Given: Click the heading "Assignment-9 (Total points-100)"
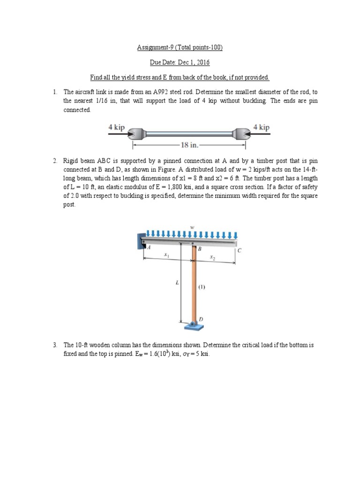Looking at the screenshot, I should coord(180,47).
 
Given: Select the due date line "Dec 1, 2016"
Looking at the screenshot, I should coord(180,62).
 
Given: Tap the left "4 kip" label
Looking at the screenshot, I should coord(116,127).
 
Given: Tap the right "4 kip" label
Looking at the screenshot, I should coord(261,127).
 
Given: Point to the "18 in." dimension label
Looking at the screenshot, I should coord(189,144).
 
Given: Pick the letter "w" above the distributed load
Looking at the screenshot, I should coord(192,227).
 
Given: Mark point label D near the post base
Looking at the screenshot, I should coord(201,319).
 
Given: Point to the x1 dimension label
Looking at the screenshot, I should coord(166,255).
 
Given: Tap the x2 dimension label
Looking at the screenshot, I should coord(212,257).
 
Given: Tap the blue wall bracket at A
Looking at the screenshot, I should coord(141,242).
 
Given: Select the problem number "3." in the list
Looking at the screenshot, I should coord(55,345).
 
